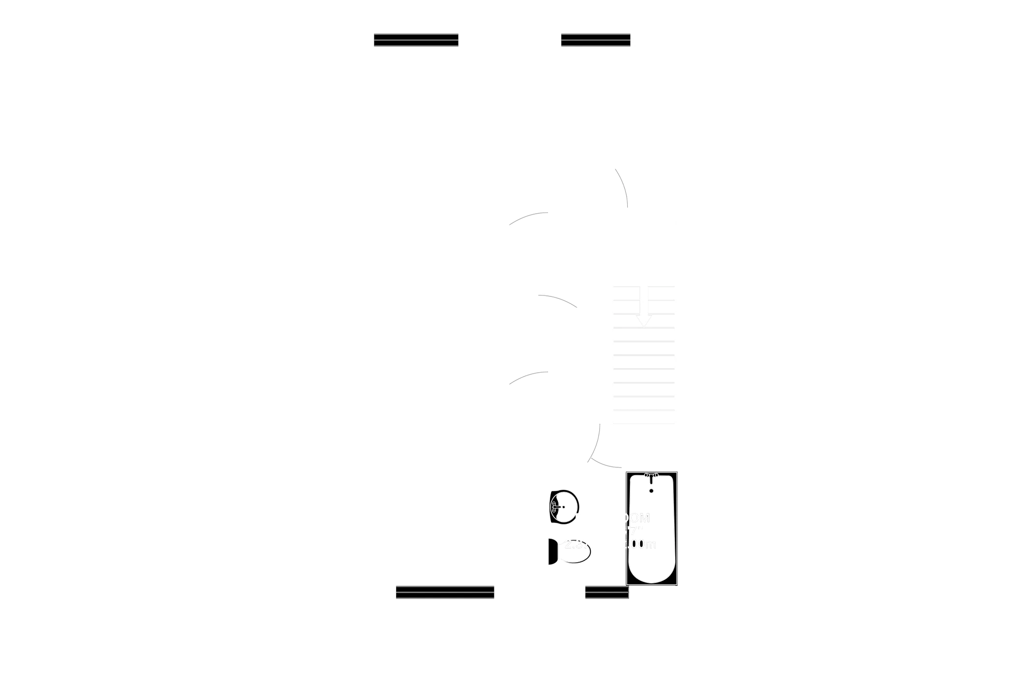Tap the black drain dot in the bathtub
pos(651,491)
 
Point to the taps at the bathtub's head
pos(651,475)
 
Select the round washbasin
pos(564,507)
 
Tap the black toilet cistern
pos(552,552)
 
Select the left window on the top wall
pos(416,39)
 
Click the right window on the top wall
pos(595,39)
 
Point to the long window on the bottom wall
pos(445,592)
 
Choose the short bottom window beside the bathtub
pos(607,592)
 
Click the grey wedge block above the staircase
pos(644,179)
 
